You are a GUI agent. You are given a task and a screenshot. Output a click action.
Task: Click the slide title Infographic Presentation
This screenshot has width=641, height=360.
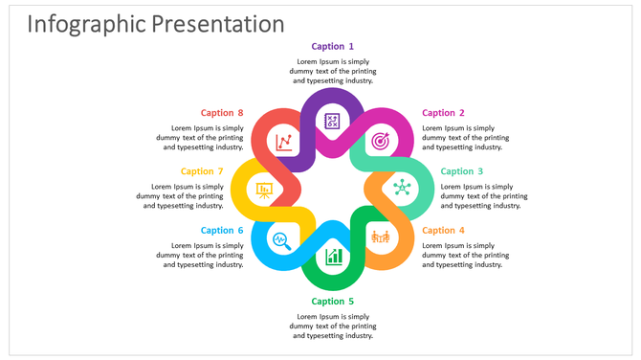[155, 24]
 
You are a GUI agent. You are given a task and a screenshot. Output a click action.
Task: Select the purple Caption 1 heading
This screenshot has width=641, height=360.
[333, 46]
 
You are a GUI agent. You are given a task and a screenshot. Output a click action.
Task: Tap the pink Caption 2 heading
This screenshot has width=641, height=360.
[444, 113]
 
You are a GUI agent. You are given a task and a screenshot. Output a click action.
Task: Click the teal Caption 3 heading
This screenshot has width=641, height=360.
[462, 171]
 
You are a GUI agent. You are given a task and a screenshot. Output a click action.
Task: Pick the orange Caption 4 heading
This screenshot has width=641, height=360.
[444, 230]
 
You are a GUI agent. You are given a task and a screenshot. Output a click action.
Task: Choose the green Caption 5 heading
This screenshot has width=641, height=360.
[333, 302]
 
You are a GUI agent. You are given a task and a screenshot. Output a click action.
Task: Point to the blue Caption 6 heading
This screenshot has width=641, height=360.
[222, 230]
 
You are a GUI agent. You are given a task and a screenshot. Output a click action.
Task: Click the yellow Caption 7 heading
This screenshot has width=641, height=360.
[202, 171]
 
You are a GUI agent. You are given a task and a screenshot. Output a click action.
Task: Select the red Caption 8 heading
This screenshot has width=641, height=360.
[222, 113]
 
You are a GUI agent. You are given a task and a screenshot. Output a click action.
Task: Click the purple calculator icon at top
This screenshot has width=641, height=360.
[332, 121]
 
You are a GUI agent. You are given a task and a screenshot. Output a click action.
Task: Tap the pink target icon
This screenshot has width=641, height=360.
[381, 141]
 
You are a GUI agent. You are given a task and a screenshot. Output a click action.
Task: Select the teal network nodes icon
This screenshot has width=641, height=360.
[402, 189]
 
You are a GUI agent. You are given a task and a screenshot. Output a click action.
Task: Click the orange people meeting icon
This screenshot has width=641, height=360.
[381, 236]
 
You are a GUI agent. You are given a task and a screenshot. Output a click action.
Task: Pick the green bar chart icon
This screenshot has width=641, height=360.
[333, 257]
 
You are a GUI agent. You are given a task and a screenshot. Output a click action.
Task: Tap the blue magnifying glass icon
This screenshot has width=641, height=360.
[282, 239]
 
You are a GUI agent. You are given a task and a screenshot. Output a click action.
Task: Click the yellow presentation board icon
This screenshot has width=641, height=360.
[264, 190]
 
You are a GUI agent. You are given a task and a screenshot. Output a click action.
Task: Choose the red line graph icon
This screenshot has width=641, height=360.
[284, 143]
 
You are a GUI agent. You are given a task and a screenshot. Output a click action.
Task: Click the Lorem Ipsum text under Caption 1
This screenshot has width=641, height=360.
[333, 71]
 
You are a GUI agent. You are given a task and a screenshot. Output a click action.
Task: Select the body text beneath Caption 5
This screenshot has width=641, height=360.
[333, 326]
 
